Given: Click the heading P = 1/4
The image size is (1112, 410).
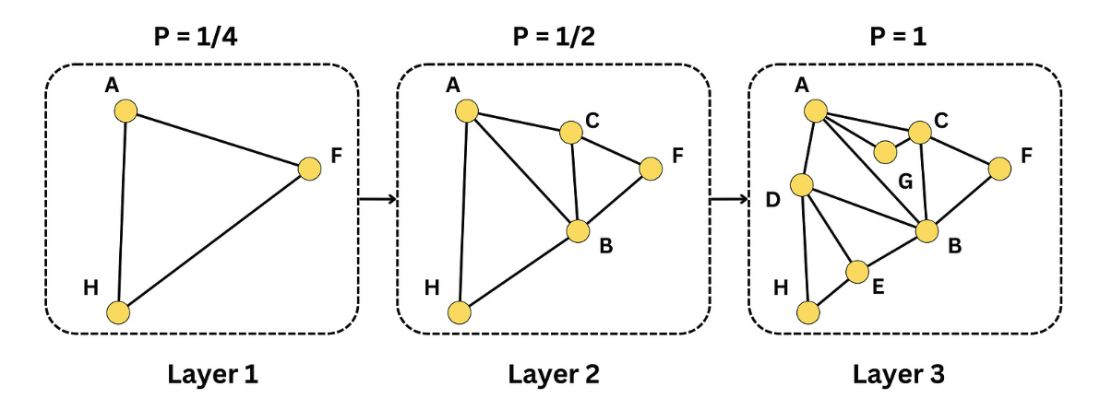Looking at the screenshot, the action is tap(196, 37).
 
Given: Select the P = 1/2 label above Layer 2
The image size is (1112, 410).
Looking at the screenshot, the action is tap(554, 37).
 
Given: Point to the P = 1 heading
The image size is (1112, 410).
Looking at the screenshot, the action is tap(898, 37).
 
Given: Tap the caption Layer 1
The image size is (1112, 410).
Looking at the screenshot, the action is tap(212, 374).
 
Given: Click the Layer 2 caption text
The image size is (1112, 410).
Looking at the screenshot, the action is tap(554, 374).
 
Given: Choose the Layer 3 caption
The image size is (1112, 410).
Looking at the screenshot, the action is tap(899, 374).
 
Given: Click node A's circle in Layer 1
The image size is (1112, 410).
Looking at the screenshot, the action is tap(126, 111).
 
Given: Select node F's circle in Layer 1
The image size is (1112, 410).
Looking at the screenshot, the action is tap(310, 169).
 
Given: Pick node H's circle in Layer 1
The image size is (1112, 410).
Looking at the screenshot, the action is tap(118, 312).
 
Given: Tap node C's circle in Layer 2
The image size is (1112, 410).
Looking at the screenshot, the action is tap(571, 133).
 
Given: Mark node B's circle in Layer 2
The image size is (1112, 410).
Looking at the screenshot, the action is tap(578, 231).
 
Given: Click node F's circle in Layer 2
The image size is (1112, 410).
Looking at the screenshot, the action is tap(651, 169).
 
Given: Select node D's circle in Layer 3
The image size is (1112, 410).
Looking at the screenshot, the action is tap(801, 185).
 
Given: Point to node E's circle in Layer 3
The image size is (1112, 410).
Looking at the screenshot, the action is tap(857, 272).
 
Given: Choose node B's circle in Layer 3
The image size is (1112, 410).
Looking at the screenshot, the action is tap(927, 231).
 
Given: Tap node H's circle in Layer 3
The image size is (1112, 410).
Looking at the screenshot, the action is tap(808, 312).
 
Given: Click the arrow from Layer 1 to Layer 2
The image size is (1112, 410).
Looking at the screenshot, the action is tap(377, 199).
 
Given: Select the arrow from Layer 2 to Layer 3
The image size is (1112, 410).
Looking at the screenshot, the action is tap(729, 199).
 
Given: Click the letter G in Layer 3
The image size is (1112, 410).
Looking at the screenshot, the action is tap(906, 182).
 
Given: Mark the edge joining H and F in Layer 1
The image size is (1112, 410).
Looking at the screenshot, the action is tap(214, 241).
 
